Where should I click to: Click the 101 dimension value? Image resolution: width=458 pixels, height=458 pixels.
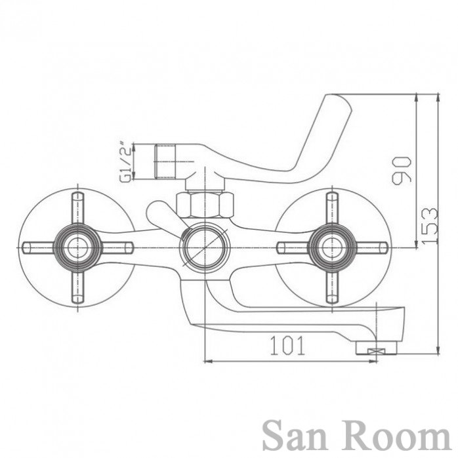point(287,346)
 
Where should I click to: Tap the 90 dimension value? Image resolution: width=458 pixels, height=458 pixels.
point(402,171)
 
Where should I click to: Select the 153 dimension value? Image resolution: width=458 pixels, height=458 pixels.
point(430,226)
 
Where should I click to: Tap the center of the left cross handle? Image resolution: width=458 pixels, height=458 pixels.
point(77,247)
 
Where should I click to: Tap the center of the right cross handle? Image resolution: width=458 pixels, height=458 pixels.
point(332,247)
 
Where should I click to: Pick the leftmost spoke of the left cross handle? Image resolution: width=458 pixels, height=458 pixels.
point(39,247)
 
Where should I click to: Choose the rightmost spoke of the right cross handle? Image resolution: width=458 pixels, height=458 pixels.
point(371,247)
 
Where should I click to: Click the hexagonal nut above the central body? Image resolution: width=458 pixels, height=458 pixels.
point(205,205)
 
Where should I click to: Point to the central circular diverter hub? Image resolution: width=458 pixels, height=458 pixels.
point(205,247)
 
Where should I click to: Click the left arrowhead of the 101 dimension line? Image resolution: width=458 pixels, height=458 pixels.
point(207,362)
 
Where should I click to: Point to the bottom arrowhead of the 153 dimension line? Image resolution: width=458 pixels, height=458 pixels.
point(438,350)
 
